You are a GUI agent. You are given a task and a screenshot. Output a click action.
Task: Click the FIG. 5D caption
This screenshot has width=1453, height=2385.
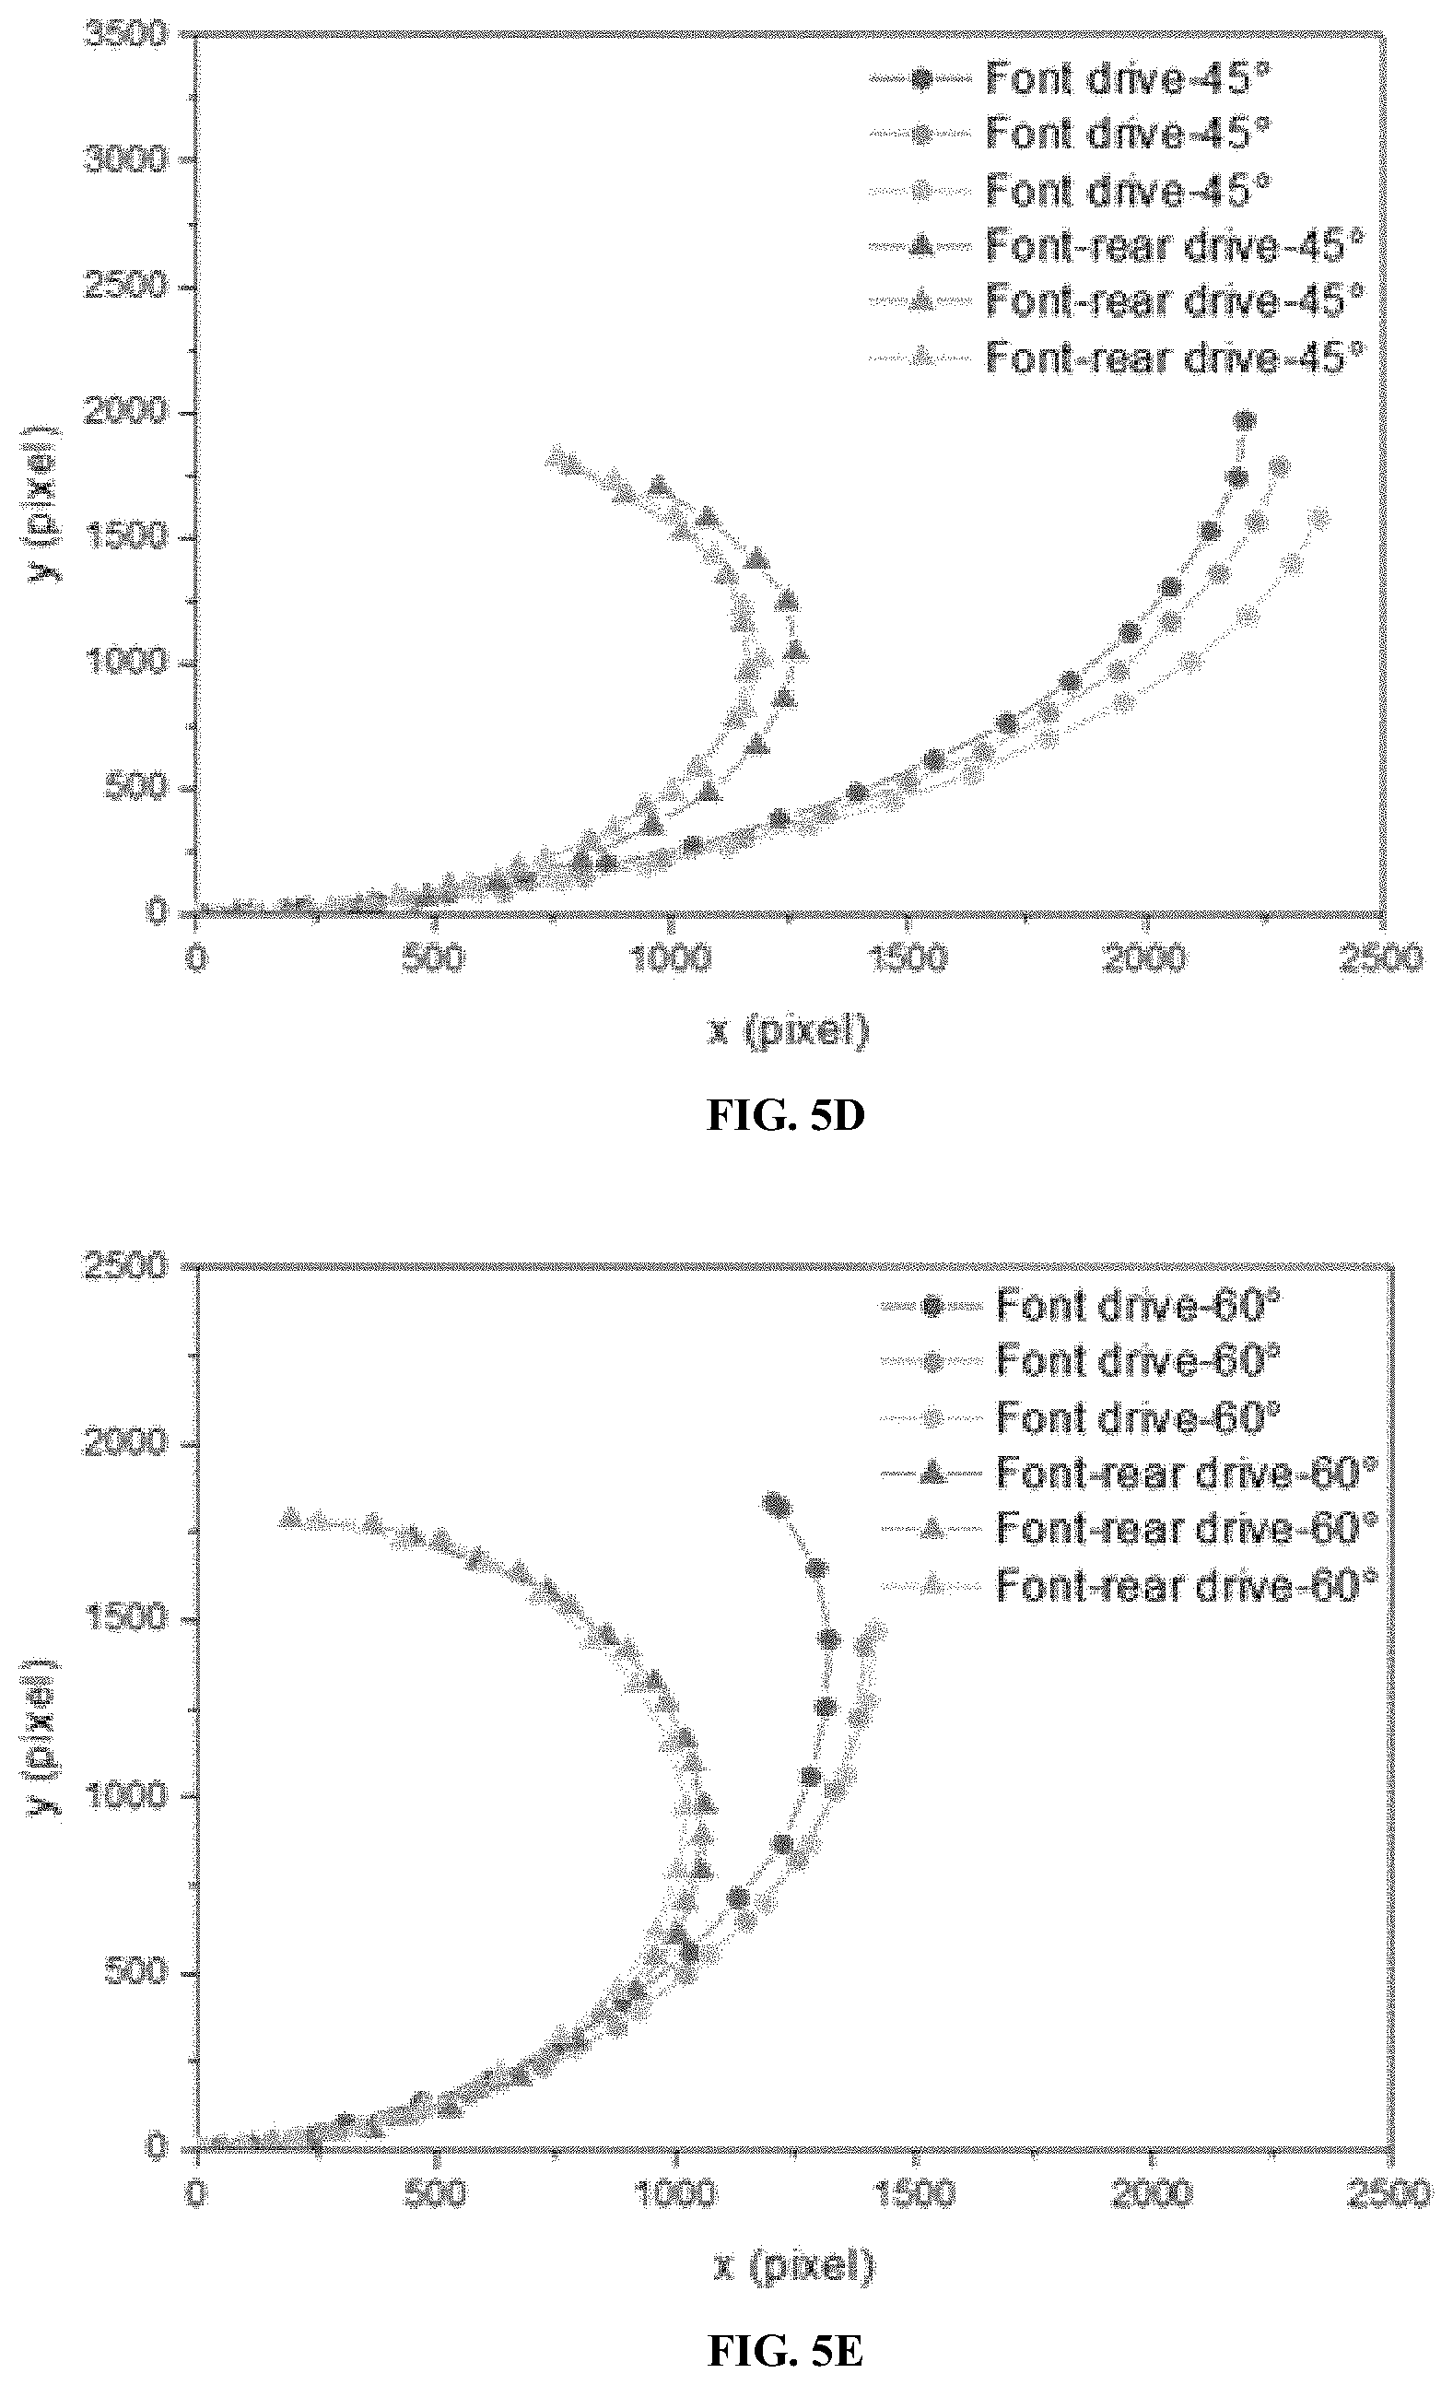click(785, 1116)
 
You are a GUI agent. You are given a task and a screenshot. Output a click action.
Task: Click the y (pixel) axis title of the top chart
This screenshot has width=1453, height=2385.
click(43, 502)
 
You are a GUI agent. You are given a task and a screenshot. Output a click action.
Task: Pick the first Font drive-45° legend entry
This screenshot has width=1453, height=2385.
click(1070, 79)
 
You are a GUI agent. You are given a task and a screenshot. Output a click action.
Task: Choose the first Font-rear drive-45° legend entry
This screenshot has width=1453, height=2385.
click(1116, 246)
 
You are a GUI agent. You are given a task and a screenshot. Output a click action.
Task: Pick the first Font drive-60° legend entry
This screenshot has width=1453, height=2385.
click(1081, 1308)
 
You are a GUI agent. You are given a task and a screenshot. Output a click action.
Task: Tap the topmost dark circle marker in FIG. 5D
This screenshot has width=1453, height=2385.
click(1245, 420)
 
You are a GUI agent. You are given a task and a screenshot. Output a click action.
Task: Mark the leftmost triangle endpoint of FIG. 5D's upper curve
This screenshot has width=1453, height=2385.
click(557, 456)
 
